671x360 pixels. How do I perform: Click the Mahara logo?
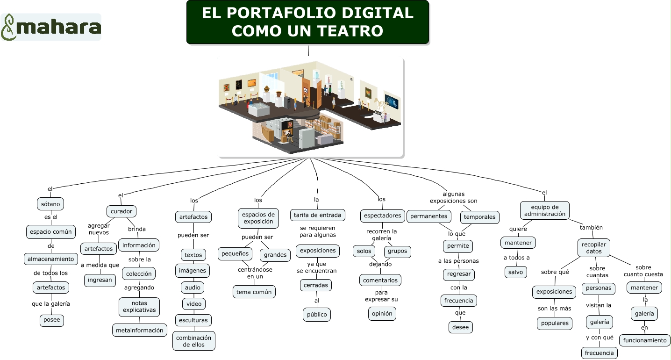pyautogui.click(x=51, y=27)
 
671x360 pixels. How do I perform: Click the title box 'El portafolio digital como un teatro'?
pyautogui.click(x=307, y=22)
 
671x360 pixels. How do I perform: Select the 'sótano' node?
pyautogui.click(x=50, y=204)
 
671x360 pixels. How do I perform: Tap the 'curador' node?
pyautogui.click(x=121, y=211)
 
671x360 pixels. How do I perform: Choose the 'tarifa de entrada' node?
pyautogui.click(x=318, y=215)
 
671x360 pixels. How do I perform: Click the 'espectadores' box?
pyautogui.click(x=382, y=216)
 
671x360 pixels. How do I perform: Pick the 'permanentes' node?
pyautogui.click(x=429, y=216)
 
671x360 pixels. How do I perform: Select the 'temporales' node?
pyautogui.click(x=480, y=217)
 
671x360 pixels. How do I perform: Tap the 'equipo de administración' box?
pyautogui.click(x=545, y=210)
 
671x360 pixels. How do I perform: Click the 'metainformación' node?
pyautogui.click(x=140, y=330)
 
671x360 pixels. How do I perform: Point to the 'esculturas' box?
pyautogui.click(x=193, y=320)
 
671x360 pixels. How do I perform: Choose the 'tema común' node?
pyautogui.click(x=254, y=292)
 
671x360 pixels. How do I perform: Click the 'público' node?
pyautogui.click(x=317, y=314)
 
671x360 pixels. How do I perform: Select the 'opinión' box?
pyautogui.click(x=382, y=313)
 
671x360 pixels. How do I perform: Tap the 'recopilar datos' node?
pyautogui.click(x=594, y=248)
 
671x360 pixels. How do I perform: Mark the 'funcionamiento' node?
pyautogui.click(x=645, y=340)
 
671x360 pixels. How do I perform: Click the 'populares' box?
pyautogui.click(x=555, y=323)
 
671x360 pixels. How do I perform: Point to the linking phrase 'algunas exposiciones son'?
pyautogui.click(x=453, y=198)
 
